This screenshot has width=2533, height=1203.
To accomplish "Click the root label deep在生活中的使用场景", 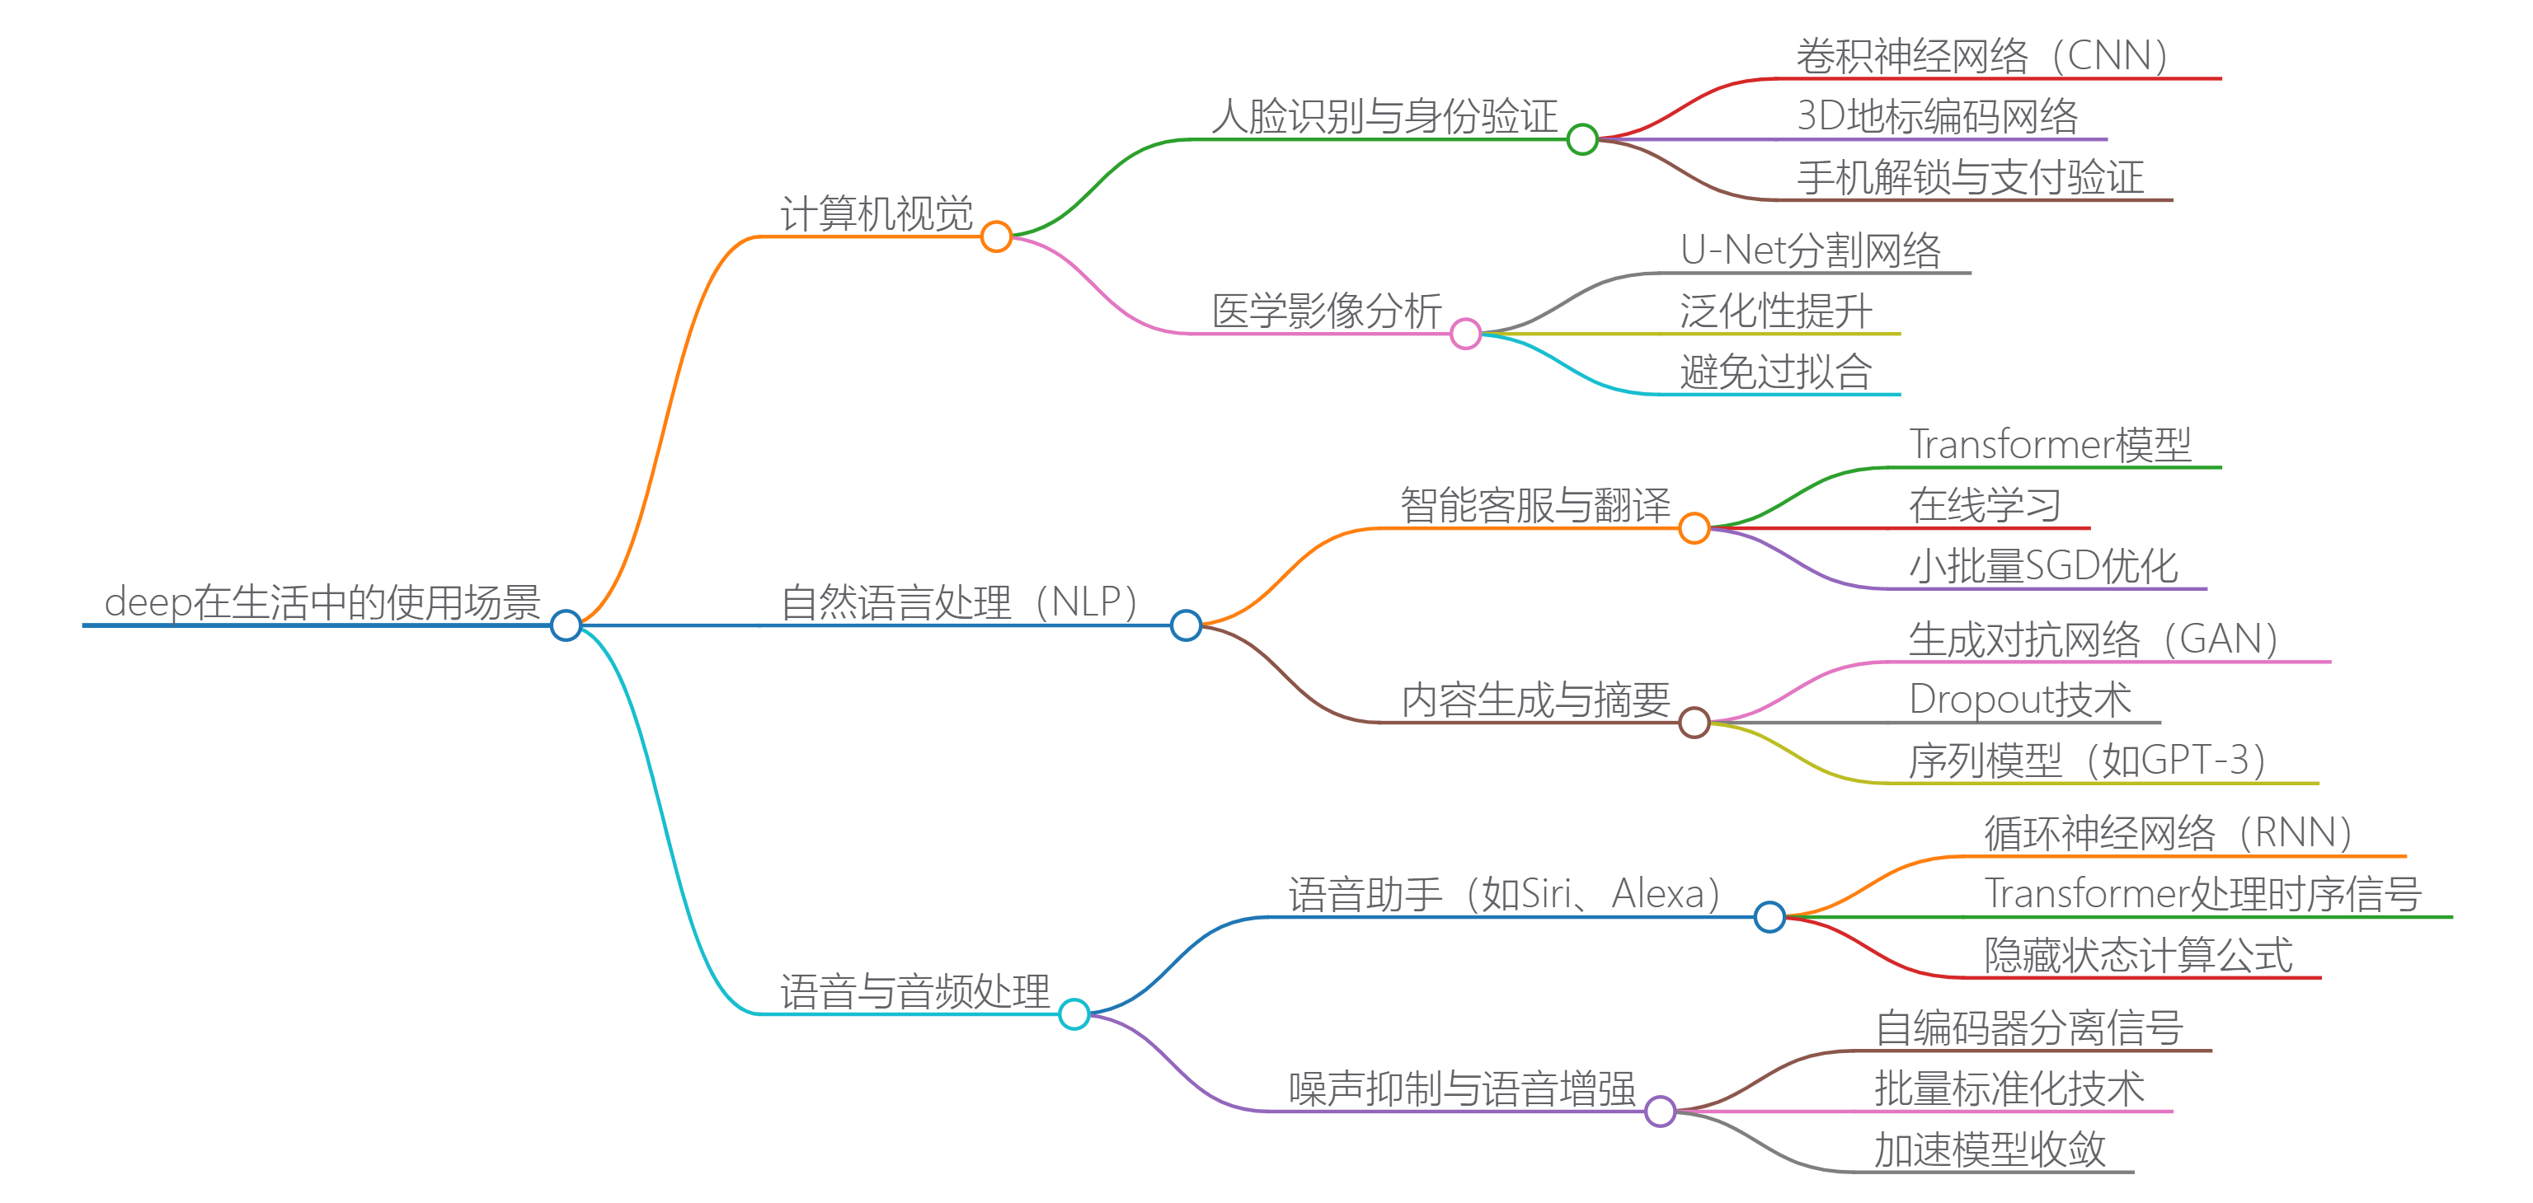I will point(322,601).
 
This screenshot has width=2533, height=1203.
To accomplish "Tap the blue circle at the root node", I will point(566,625).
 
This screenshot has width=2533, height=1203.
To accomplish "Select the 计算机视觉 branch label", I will point(876,213).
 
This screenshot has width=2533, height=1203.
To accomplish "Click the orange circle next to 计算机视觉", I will point(996,236).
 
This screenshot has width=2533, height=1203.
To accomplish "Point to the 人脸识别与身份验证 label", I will point(1384,116).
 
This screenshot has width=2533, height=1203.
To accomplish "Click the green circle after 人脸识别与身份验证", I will point(1582,139).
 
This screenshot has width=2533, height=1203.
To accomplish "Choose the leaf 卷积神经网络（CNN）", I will point(1981,56).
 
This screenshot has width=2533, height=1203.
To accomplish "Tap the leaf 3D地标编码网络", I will point(1937,116).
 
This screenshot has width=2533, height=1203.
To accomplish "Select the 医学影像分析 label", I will point(1327,311).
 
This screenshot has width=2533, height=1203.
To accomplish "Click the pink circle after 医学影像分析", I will point(1465,335).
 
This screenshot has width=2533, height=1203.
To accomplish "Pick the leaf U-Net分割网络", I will point(1810,250).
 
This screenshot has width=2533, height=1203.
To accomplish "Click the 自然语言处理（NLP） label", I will point(959,601).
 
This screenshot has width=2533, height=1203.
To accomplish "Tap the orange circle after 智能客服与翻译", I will point(1694,529).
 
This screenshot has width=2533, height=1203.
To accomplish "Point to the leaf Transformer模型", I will point(2049,444).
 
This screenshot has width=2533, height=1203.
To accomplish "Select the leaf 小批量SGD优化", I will point(2043,565).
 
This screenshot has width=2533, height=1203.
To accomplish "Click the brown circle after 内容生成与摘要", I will point(1694,723).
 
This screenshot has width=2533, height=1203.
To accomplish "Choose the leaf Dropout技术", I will point(2019,699).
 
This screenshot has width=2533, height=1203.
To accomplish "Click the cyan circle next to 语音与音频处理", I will point(1074,1013).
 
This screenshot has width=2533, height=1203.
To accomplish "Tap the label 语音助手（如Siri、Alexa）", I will point(1505,893).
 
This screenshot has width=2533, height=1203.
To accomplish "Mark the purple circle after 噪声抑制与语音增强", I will point(1660,1112).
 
